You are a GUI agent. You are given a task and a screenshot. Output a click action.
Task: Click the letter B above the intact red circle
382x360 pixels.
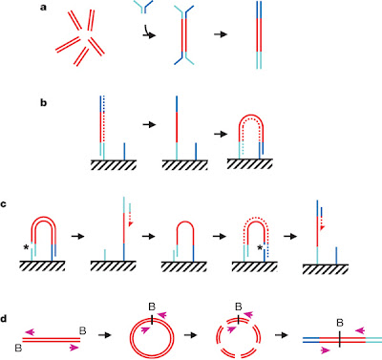coord(152,307)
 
